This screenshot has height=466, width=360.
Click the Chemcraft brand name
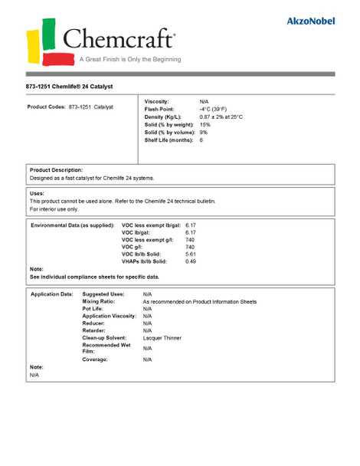[x=119, y=39]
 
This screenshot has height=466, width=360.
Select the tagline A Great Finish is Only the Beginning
[x=130, y=59]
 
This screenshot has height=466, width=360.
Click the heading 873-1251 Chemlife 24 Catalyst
[x=74, y=87]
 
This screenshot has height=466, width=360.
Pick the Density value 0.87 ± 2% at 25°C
[x=221, y=116]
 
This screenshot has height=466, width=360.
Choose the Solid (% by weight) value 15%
[x=205, y=124]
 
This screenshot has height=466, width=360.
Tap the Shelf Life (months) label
[x=169, y=140]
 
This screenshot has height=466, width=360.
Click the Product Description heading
[x=56, y=169]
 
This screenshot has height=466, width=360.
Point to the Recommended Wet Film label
[x=106, y=348]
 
